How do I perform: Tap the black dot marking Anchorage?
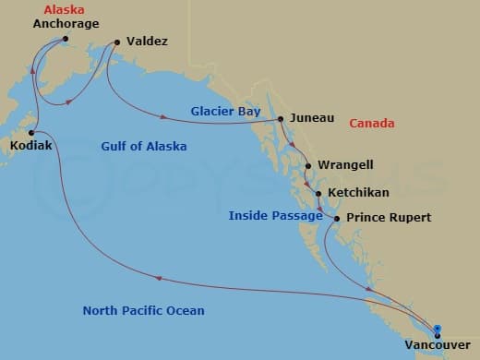point(65,39)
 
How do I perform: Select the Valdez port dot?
point(118,42)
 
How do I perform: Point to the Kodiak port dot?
point(32,133)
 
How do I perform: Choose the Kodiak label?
point(30,146)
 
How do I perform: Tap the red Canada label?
point(372,124)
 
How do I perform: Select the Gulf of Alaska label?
point(143,146)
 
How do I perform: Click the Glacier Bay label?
point(227,111)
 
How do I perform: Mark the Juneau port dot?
point(281,119)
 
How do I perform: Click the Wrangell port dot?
point(308,166)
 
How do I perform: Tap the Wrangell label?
point(345,165)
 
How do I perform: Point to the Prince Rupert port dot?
point(337,219)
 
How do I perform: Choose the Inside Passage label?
point(275,216)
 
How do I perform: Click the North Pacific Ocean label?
point(143,310)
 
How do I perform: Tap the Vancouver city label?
point(436,347)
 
